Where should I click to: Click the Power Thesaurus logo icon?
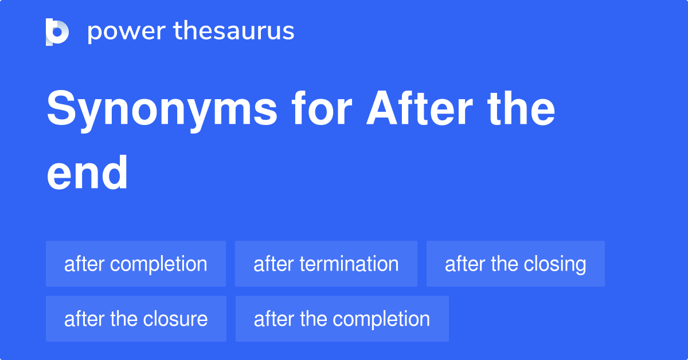tap(57, 32)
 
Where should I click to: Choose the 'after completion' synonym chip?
tap(136, 264)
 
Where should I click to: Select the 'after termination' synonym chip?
tap(326, 264)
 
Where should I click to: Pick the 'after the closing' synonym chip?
tap(515, 264)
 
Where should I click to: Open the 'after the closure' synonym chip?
tap(136, 319)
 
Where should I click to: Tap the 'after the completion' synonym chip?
tap(342, 319)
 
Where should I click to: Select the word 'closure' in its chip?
tap(177, 319)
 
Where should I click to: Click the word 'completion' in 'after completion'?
tap(159, 264)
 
